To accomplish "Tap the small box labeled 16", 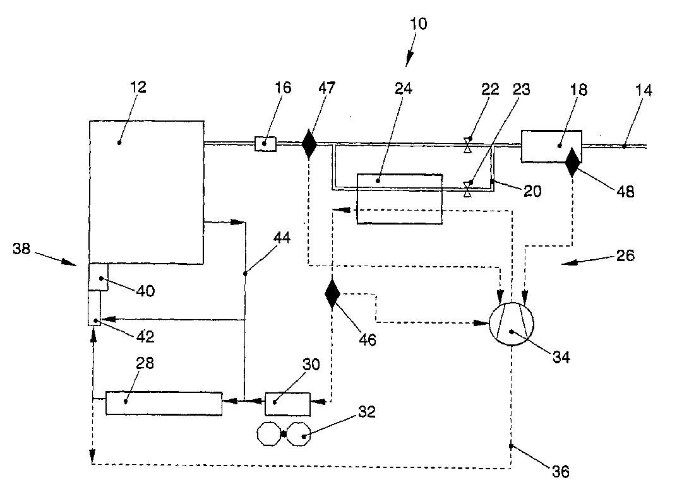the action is [x=265, y=144].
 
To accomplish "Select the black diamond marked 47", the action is [x=309, y=144].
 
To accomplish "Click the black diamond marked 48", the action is [x=573, y=162].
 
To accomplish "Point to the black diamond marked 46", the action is [x=332, y=293].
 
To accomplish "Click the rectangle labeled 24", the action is [x=400, y=199].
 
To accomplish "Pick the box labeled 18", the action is [x=551, y=146].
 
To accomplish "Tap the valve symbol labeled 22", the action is [x=467, y=145].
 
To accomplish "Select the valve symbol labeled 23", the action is [x=467, y=189].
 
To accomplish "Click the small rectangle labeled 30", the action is [x=287, y=404].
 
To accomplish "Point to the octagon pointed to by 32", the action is [x=299, y=434].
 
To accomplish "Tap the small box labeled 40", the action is [x=98, y=277].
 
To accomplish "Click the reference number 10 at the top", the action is [x=418, y=24].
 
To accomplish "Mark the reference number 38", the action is [x=21, y=248].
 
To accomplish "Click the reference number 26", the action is [x=625, y=255].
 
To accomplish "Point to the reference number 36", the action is [x=560, y=472].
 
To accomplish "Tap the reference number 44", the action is [x=282, y=238].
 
